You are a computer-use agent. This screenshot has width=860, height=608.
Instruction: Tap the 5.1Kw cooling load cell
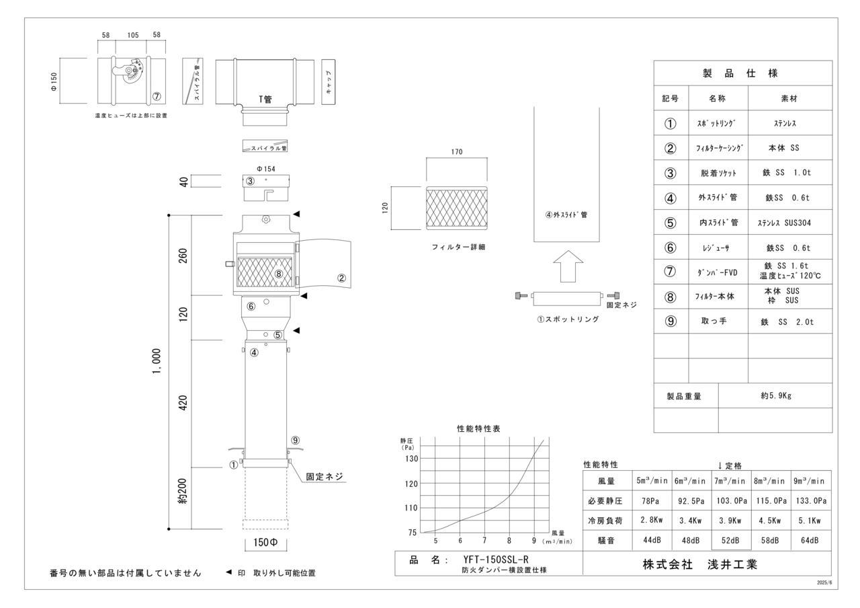pyautogui.click(x=811, y=520)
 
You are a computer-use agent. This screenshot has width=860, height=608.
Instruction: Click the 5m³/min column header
pyautogui.click(x=652, y=481)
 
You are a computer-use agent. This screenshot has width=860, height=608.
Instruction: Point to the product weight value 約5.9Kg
pyautogui.click(x=776, y=396)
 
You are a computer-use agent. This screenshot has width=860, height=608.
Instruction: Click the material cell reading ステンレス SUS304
pyautogui.click(x=790, y=223)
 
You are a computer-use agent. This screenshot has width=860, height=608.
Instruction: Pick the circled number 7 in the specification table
pyautogui.click(x=670, y=272)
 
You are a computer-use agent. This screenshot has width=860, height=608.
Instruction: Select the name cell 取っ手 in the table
pyautogui.click(x=718, y=321)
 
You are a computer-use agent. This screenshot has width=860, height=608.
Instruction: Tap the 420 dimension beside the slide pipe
pyautogui.click(x=183, y=403)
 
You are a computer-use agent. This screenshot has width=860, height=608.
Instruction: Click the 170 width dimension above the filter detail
pyautogui.click(x=457, y=152)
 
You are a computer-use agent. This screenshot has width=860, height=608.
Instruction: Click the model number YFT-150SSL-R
pyautogui.click(x=495, y=559)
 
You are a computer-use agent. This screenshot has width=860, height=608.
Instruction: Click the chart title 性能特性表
pyautogui.click(x=478, y=428)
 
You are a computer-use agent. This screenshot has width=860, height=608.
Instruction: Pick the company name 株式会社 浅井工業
pyautogui.click(x=700, y=564)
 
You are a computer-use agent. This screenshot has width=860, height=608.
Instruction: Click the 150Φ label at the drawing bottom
pyautogui.click(x=265, y=542)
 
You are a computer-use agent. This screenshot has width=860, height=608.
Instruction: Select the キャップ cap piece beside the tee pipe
pyautogui.click(x=329, y=81)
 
